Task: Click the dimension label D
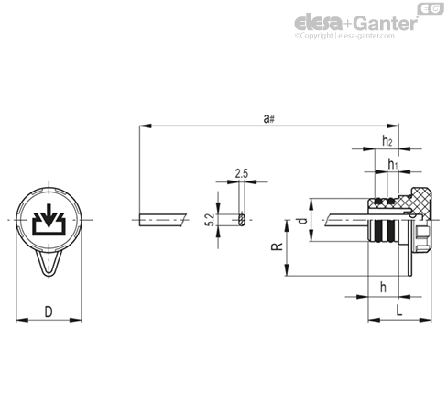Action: click(49, 312)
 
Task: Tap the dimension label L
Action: click(399, 311)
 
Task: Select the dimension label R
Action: click(277, 246)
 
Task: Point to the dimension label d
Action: click(302, 221)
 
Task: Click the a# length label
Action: click(269, 118)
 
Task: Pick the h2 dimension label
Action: click(387, 140)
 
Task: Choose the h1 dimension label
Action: click(393, 164)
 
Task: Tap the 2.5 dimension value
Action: click(242, 174)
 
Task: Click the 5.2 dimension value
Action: click(211, 220)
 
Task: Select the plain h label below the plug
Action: click(383, 287)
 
